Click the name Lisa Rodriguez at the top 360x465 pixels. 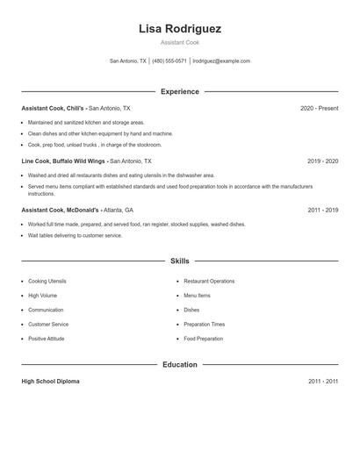coord(180,29)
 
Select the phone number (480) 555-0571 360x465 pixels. coord(169,61)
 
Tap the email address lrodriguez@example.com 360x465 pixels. coord(221,61)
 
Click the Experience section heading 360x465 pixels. coord(180,91)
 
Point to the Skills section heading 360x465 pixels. coord(180,261)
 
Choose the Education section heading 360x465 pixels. coord(180,364)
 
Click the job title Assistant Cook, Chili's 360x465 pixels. coord(54,108)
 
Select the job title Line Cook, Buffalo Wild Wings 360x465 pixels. coord(63,161)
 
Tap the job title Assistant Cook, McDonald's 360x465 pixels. coord(60,211)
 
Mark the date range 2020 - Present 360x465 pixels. coord(319,108)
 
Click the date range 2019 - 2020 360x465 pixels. coord(323,161)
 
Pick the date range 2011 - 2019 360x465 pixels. coord(323,211)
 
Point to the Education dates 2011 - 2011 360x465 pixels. coord(323,382)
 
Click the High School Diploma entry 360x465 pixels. coord(52,382)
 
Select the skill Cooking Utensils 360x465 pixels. coord(47,281)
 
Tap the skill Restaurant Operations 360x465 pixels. coord(209,281)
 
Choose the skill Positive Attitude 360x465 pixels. coord(47,339)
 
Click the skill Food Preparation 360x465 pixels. coord(204,339)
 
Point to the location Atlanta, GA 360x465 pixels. coord(119,211)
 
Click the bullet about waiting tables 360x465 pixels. coord(75,235)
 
